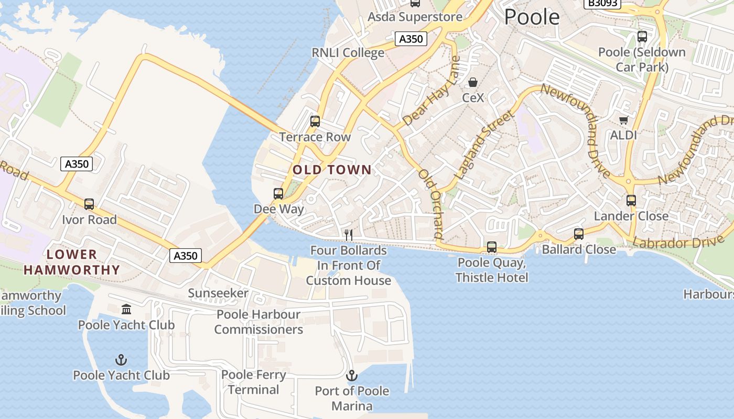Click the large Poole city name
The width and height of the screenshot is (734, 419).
532,17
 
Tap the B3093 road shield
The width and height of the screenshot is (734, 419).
602,3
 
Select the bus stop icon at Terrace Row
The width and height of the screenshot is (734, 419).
315,122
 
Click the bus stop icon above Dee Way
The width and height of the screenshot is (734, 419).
278,194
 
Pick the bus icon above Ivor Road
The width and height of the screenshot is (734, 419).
89,204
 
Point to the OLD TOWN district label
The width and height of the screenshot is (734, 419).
332,170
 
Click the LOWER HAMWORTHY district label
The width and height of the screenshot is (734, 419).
72,262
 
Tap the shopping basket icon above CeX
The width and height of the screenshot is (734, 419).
473,82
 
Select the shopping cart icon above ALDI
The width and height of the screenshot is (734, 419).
623,120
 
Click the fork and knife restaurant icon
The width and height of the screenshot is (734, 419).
349,235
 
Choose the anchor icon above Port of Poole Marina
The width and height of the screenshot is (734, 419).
352,376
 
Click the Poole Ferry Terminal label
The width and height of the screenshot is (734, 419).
254,382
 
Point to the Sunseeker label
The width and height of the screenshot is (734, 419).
218,293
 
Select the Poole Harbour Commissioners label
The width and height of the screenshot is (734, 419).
258,322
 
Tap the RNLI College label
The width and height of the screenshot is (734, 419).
348,53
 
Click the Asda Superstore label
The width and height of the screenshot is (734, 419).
415,17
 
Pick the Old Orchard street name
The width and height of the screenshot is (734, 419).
431,204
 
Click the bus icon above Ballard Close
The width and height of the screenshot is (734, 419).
578,234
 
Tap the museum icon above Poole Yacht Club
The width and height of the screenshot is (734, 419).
126,310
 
